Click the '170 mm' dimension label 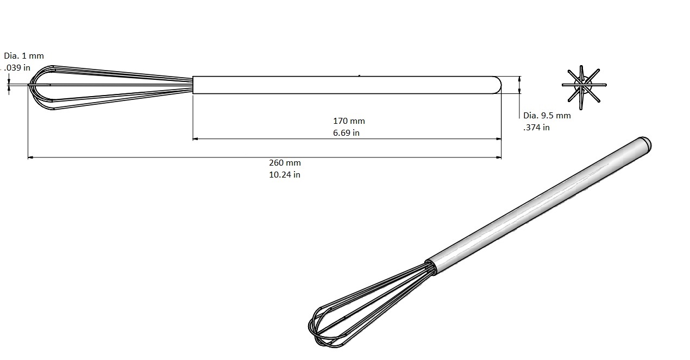pos(349,121)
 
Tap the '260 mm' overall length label pos(285,163)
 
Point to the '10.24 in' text pos(285,175)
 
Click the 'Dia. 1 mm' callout pos(24,56)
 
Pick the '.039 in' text pos(17,68)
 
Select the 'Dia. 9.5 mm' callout pos(547,115)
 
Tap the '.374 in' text pos(536,128)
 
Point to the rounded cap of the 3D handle pos(644,144)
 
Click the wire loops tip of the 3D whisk pos(321,329)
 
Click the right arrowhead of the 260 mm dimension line pos(498,157)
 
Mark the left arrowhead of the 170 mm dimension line pos(196,139)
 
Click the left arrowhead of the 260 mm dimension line pos(30,157)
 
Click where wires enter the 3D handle pos(430,266)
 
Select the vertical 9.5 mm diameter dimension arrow pos(520,85)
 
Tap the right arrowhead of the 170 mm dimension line pos(498,139)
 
